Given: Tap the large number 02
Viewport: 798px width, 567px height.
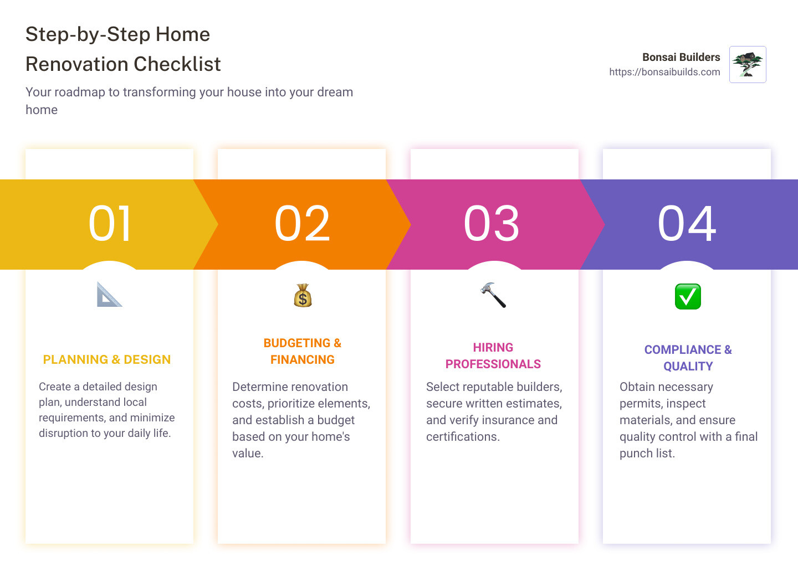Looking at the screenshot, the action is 302,223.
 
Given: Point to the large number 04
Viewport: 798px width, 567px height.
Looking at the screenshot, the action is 687,223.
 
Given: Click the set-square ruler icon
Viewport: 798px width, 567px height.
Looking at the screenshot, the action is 109,295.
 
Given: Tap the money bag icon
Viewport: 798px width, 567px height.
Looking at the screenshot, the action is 303,296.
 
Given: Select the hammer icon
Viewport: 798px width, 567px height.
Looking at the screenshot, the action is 493,295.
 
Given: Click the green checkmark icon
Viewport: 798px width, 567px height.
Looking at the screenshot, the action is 688,296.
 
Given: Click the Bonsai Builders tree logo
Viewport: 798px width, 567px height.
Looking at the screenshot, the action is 748,64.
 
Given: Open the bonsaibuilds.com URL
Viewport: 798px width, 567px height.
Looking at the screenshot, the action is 664,72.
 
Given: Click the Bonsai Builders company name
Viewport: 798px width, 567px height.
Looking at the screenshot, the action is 681,57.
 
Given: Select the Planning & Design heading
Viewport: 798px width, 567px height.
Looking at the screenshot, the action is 107,359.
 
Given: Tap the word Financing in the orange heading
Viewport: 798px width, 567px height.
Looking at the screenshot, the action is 303,359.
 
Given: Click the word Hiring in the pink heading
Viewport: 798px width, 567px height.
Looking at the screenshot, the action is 493,347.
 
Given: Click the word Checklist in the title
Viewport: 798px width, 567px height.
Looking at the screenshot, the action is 177,64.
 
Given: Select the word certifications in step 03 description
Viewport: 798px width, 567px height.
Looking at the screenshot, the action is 463,437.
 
